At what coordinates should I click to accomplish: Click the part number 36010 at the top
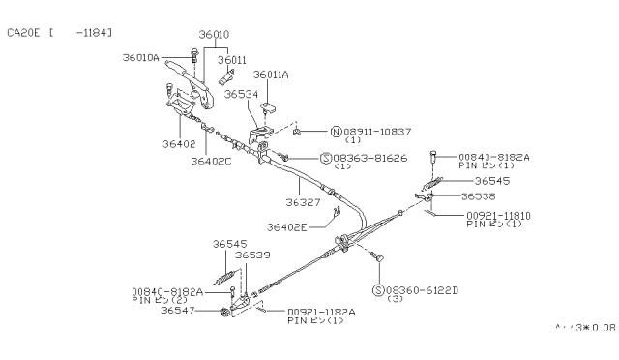(214, 34)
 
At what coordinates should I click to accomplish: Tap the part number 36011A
(270, 74)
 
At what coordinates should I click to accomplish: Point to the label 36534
(241, 95)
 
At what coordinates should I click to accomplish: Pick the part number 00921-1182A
(321, 312)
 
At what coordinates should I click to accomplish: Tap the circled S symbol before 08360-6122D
(377, 289)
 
